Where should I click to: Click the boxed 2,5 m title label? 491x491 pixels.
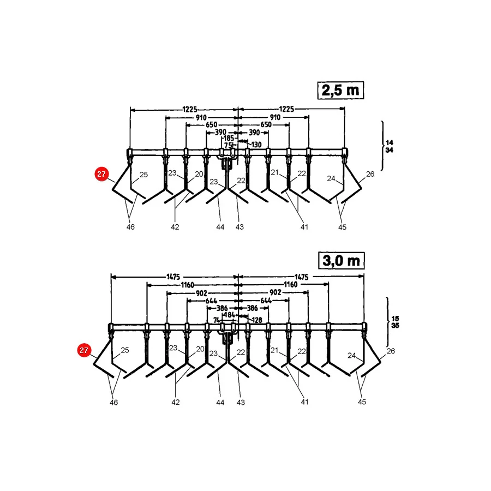[340, 90]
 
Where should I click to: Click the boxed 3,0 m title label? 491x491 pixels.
[342, 261]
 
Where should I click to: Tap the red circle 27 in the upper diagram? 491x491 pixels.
[101, 174]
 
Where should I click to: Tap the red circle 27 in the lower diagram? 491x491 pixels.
[84, 350]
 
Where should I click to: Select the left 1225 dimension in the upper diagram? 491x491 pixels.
[190, 109]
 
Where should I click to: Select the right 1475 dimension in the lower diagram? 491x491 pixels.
[301, 277]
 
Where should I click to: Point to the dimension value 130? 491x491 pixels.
[256, 145]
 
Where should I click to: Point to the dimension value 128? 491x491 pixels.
[257, 320]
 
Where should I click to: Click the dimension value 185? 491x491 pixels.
[229, 138]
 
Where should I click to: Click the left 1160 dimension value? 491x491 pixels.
[187, 285]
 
